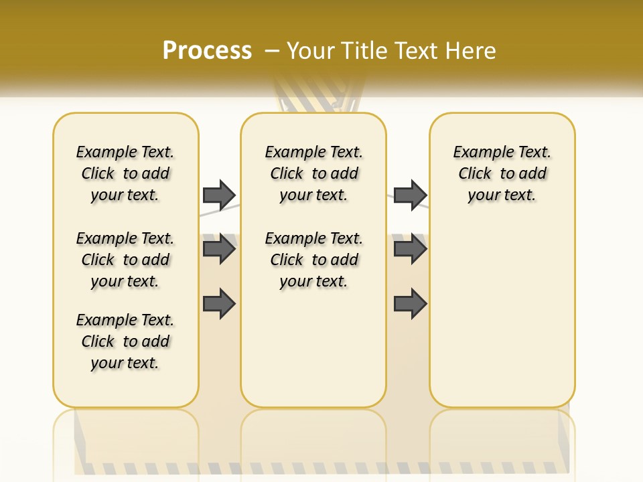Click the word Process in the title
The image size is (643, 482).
(x=207, y=51)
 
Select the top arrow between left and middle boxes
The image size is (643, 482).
(x=219, y=195)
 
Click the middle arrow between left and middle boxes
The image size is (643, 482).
(x=219, y=249)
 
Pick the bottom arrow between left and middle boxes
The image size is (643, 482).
(x=219, y=304)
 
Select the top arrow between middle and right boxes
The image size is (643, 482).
(x=410, y=195)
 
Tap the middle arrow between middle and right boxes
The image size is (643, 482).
(x=410, y=249)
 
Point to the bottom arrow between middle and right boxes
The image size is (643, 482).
(x=410, y=304)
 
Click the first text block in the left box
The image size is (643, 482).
(x=125, y=173)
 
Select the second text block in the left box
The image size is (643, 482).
(x=125, y=260)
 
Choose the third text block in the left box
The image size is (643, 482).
(x=125, y=341)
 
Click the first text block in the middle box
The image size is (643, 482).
(x=313, y=173)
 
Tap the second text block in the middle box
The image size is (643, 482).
(x=313, y=260)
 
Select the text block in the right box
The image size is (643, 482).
(x=502, y=173)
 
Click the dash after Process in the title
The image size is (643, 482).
(x=271, y=51)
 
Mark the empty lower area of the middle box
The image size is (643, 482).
(x=313, y=348)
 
